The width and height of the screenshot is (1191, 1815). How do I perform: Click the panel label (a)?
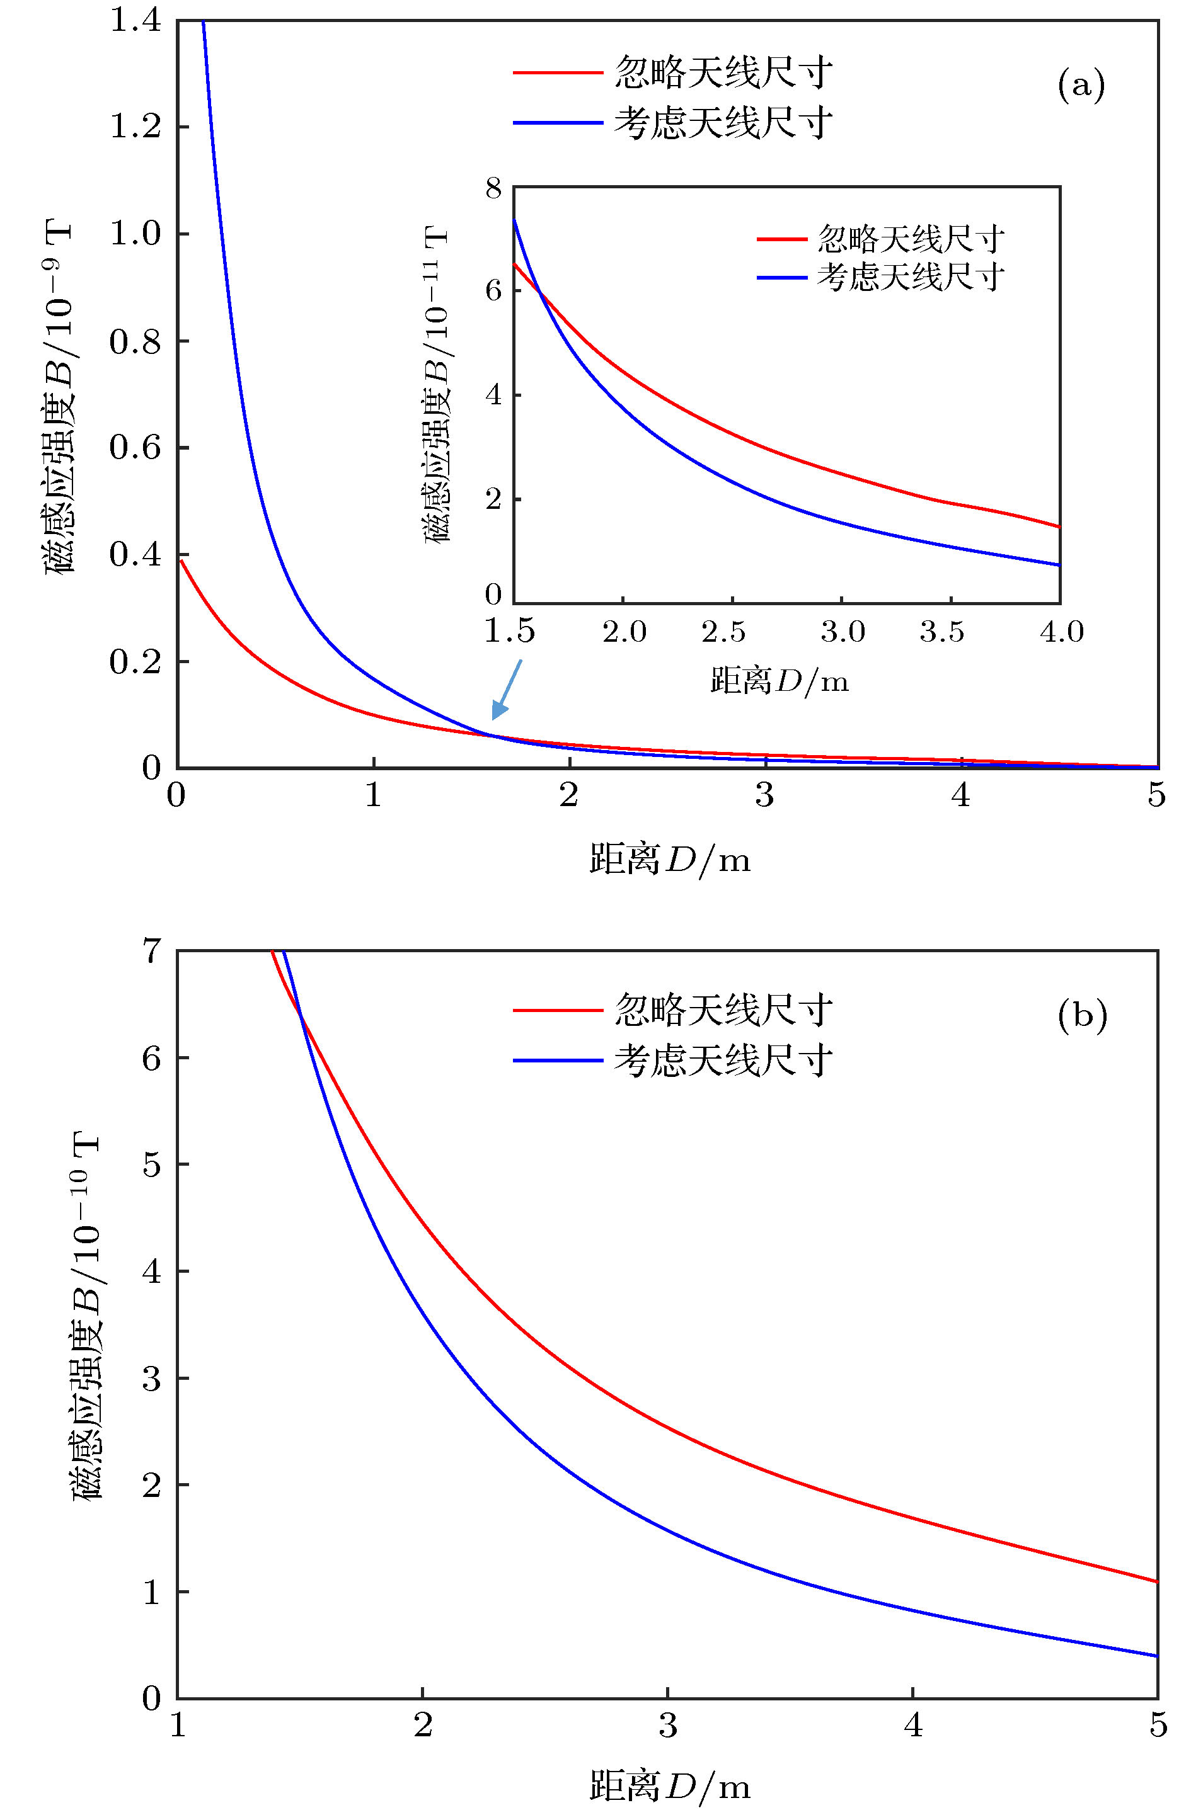1080,86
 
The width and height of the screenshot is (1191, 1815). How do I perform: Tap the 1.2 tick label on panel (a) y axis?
136,127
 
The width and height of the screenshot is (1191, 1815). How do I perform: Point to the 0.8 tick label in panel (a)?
136,341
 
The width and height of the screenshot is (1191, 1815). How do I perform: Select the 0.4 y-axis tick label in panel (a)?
136,555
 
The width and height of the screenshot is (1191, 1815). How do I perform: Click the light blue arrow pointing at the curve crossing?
507,688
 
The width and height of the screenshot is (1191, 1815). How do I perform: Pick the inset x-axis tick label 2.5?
723,632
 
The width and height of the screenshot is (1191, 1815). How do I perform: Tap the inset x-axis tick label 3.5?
941,632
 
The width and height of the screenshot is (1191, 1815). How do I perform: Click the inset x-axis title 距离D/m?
779,680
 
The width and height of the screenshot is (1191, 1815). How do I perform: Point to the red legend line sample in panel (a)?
558,73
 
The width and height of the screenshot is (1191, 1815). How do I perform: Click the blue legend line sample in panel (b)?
558,1061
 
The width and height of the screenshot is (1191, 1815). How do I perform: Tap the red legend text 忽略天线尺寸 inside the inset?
910,239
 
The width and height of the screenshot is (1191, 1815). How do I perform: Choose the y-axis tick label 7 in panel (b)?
152,951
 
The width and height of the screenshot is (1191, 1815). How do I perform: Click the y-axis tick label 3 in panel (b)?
152,1379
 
